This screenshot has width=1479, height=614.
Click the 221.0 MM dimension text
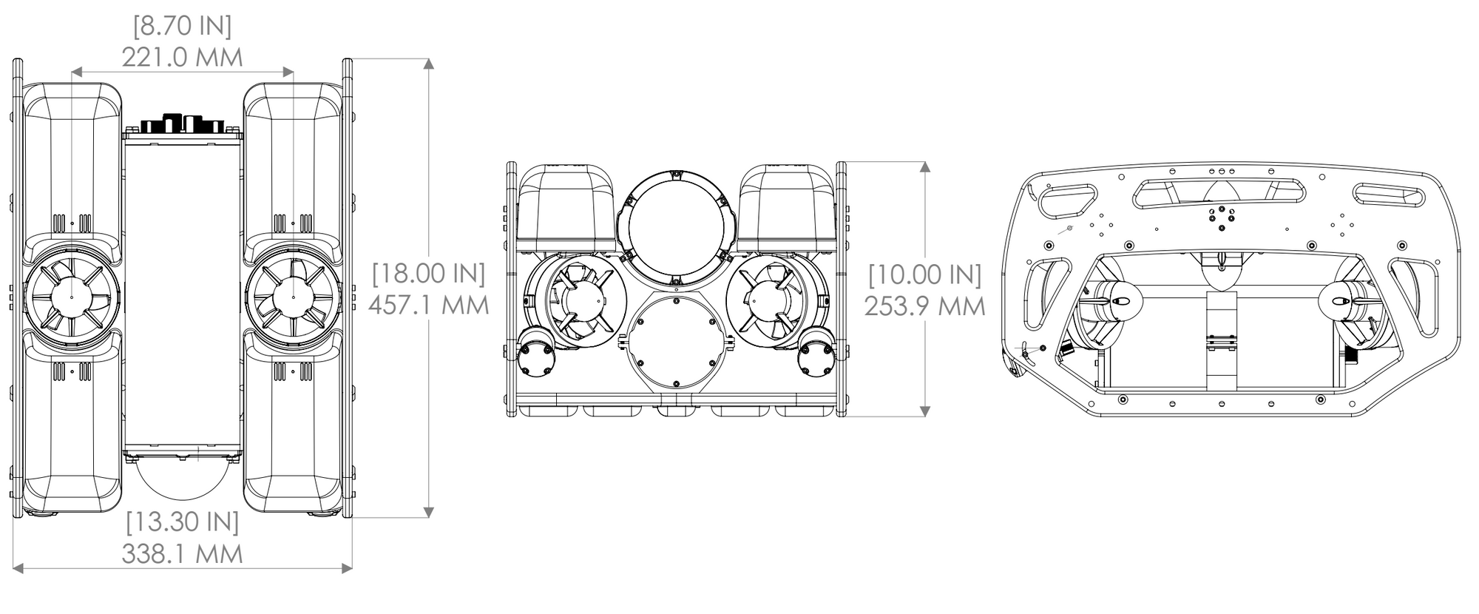(182, 57)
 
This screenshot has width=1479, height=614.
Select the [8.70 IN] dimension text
(182, 26)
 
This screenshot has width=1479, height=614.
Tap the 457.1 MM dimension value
(429, 305)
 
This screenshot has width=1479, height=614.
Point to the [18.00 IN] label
(429, 274)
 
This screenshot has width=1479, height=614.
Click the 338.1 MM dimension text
(182, 553)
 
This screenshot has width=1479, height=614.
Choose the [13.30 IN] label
(182, 522)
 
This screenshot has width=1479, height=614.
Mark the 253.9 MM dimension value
(925, 306)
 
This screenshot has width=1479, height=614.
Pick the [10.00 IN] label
(925, 274)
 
